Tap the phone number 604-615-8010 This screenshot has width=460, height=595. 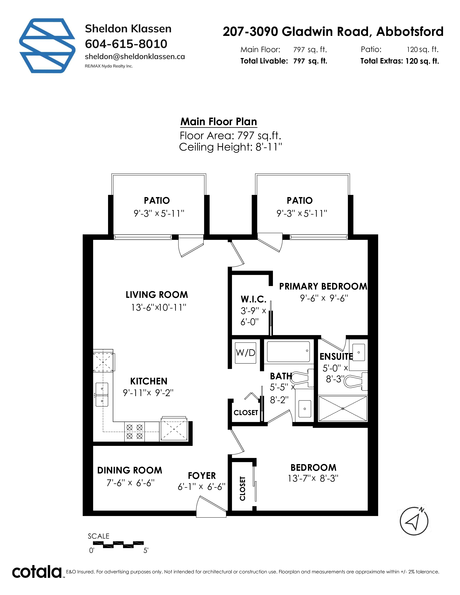[126, 44]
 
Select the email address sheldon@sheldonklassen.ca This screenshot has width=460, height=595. [135, 57]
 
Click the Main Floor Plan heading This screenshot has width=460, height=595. [219, 122]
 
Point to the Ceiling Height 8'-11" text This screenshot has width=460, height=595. [230, 147]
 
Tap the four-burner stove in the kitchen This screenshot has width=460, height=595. [135, 432]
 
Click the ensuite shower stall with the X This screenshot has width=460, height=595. [343, 409]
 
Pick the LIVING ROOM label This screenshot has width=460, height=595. [157, 295]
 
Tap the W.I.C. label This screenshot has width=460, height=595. [253, 299]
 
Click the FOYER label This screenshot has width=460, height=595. [202, 476]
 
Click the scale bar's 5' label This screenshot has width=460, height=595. [146, 551]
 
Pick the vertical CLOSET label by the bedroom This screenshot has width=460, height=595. [242, 489]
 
